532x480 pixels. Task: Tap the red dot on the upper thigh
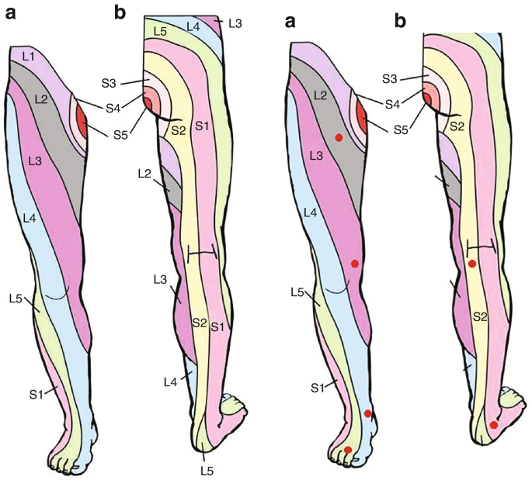339,137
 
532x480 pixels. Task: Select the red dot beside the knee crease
355,264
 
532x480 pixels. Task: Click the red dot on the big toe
348,450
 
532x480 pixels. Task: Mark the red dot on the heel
494,425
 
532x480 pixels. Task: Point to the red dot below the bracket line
472,264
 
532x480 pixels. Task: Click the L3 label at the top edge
235,25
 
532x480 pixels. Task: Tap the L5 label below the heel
206,470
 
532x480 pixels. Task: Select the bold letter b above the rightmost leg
402,21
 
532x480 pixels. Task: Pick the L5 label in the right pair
297,292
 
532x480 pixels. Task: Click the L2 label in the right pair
318,94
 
